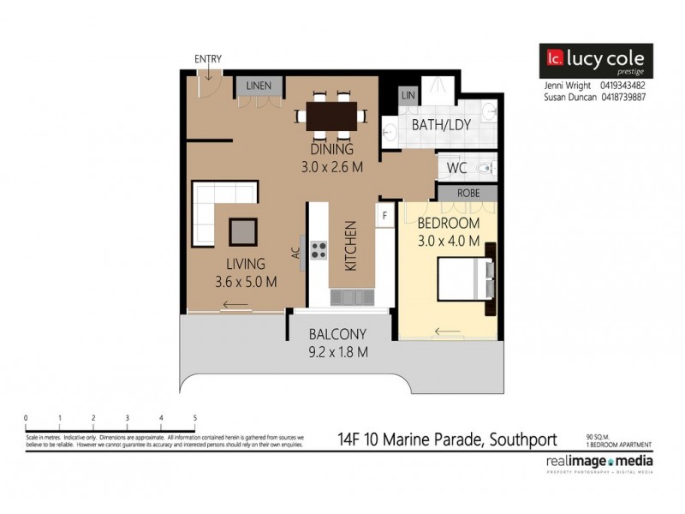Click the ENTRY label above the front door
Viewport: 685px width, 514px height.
pyautogui.click(x=208, y=59)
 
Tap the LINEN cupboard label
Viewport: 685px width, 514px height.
pyautogui.click(x=259, y=86)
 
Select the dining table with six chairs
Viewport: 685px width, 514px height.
pyautogui.click(x=332, y=115)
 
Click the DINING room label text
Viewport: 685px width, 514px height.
pyautogui.click(x=331, y=149)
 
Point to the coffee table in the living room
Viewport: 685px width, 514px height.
pyautogui.click(x=242, y=231)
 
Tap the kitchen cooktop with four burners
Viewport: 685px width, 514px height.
pyautogui.click(x=318, y=250)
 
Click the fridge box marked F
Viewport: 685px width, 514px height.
pyautogui.click(x=385, y=214)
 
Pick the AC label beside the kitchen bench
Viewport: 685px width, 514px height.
pyautogui.click(x=295, y=253)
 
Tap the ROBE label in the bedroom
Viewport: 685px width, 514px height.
pyautogui.click(x=468, y=193)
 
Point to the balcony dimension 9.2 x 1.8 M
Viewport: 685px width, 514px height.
pyautogui.click(x=338, y=351)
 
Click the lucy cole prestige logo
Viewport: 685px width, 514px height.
pyautogui.click(x=595, y=62)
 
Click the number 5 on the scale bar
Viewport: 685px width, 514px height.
pyautogui.click(x=195, y=418)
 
